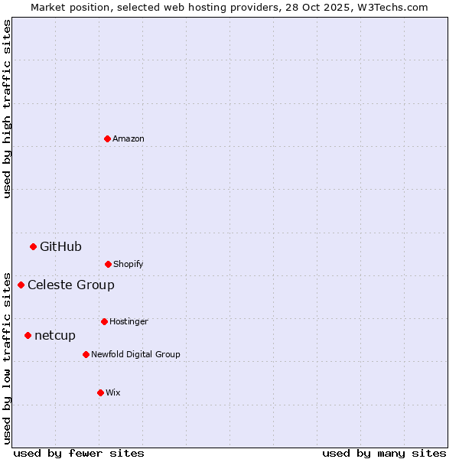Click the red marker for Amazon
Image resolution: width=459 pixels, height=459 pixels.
click(x=107, y=138)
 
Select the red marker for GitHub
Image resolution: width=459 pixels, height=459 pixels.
click(x=33, y=246)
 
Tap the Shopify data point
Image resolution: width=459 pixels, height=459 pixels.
click(x=108, y=264)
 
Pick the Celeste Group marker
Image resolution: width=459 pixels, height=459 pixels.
click(x=21, y=285)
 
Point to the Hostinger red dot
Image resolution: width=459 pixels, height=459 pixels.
click(x=104, y=321)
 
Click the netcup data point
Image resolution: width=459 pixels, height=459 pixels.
click(x=28, y=335)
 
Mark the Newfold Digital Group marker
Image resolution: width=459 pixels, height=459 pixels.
click(x=86, y=354)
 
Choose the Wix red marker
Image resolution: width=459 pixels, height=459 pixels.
click(x=100, y=392)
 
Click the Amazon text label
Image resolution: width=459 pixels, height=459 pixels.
click(x=129, y=138)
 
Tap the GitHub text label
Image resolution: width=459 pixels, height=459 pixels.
click(x=60, y=246)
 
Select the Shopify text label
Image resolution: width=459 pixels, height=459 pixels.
click(x=129, y=264)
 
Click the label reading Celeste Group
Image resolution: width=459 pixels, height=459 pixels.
click(x=71, y=285)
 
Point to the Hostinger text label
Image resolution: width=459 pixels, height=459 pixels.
click(x=129, y=321)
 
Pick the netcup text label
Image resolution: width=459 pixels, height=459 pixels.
click(x=55, y=335)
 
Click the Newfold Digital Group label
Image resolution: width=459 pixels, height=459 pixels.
click(x=135, y=354)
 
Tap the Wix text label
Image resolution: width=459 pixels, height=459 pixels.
click(x=113, y=392)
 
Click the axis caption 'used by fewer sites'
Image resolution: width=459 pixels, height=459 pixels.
click(x=79, y=453)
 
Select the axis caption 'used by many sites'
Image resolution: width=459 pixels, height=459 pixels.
click(x=384, y=453)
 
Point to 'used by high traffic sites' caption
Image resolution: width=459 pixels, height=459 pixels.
click(x=7, y=109)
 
